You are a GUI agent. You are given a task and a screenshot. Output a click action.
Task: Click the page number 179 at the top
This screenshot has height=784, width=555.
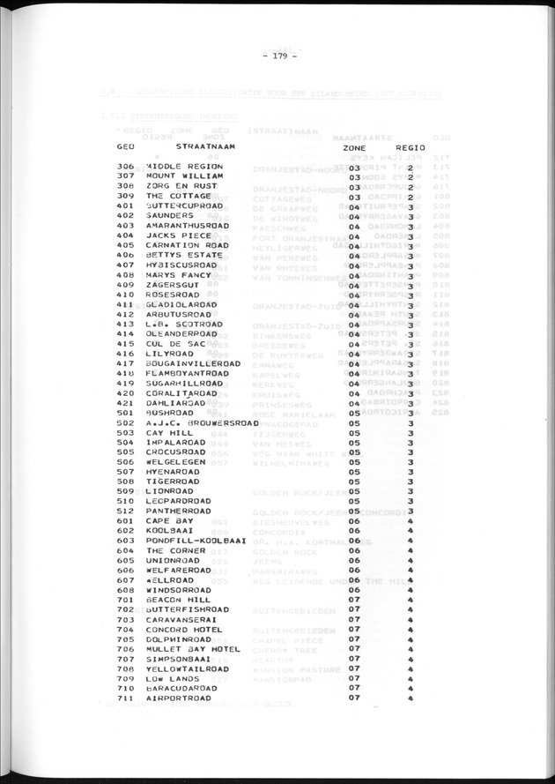280,59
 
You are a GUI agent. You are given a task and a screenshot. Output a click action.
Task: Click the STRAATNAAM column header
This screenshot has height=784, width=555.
205,146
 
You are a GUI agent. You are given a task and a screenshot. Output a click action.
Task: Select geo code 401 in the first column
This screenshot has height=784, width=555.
125,206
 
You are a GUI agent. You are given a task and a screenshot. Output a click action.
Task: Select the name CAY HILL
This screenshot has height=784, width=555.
169,433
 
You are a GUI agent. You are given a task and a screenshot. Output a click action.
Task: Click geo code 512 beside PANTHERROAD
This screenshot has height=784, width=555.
125,511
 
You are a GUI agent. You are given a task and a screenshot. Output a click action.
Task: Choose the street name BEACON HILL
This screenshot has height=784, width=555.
177,600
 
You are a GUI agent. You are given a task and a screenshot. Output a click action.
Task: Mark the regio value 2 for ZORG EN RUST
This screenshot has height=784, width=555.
411,186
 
